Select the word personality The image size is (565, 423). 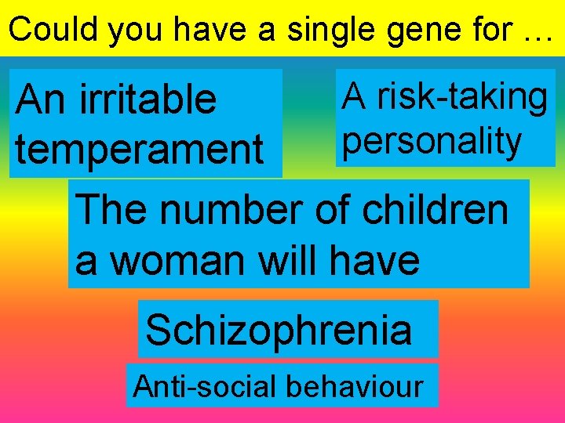(x=432, y=142)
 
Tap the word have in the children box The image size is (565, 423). (x=375, y=260)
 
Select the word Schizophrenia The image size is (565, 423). (x=279, y=330)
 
